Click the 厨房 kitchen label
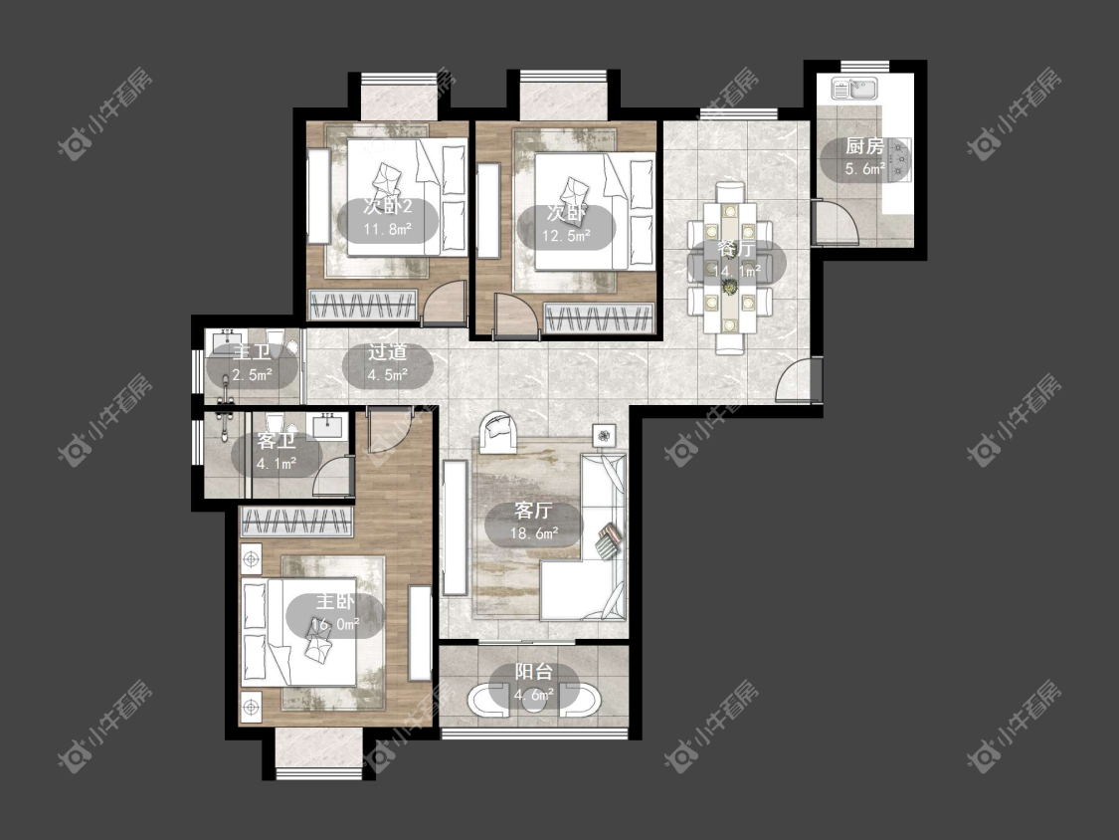point(864,147)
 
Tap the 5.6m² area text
point(865,169)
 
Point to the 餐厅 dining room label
point(736,249)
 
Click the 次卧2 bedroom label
point(388,207)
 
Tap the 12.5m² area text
point(566,235)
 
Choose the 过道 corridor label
point(388,352)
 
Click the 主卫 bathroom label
point(252,352)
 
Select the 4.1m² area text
point(277,464)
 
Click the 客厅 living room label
point(533,511)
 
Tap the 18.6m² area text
point(534,532)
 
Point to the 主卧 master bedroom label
point(334,602)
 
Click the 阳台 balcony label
point(534,672)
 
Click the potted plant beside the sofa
point(604,435)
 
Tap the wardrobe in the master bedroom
point(296,522)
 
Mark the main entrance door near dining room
point(798,381)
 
